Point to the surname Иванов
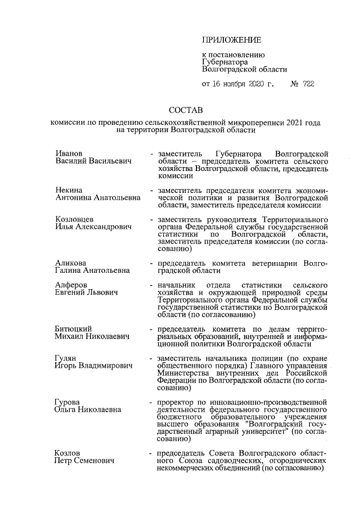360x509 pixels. click(x=69, y=154)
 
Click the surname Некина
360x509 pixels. click(x=69, y=191)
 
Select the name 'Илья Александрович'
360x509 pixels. click(x=93, y=227)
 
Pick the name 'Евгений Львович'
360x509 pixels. click(x=85, y=292)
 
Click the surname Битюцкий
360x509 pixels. click(x=73, y=329)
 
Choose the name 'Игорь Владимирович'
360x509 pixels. click(x=93, y=366)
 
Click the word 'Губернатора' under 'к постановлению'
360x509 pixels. click(x=225, y=62)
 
